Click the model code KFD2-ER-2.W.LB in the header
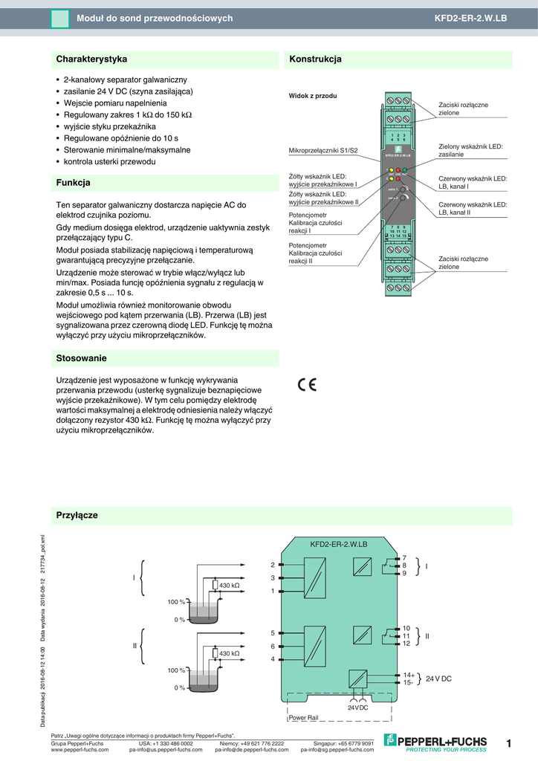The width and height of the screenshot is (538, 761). coord(471,18)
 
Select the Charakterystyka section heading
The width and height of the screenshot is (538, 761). coord(91,59)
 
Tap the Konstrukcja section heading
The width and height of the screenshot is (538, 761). coord(315,59)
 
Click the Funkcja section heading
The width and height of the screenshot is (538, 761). coord(74,182)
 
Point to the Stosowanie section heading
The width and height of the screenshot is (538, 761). coord(82,358)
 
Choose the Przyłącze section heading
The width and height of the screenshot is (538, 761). coord(77,515)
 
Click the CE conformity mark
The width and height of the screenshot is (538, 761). coord(307,384)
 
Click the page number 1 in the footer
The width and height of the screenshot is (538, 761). coord(509,743)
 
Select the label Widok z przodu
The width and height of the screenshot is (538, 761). coord(313,97)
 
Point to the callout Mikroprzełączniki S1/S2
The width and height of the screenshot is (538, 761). coord(323,151)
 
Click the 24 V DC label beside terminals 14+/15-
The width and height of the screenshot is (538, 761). coord(438,679)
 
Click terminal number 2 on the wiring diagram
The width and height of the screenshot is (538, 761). coord(273,566)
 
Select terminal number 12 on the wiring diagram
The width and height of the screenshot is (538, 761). coord(406,644)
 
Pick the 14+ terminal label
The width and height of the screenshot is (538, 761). coord(408,675)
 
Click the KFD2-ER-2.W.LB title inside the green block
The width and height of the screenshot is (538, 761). coord(338,545)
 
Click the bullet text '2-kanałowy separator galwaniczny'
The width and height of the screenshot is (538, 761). coord(125,79)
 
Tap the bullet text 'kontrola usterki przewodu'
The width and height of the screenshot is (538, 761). coord(109,161)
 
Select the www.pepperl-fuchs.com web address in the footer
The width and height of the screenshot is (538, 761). coord(80,750)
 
